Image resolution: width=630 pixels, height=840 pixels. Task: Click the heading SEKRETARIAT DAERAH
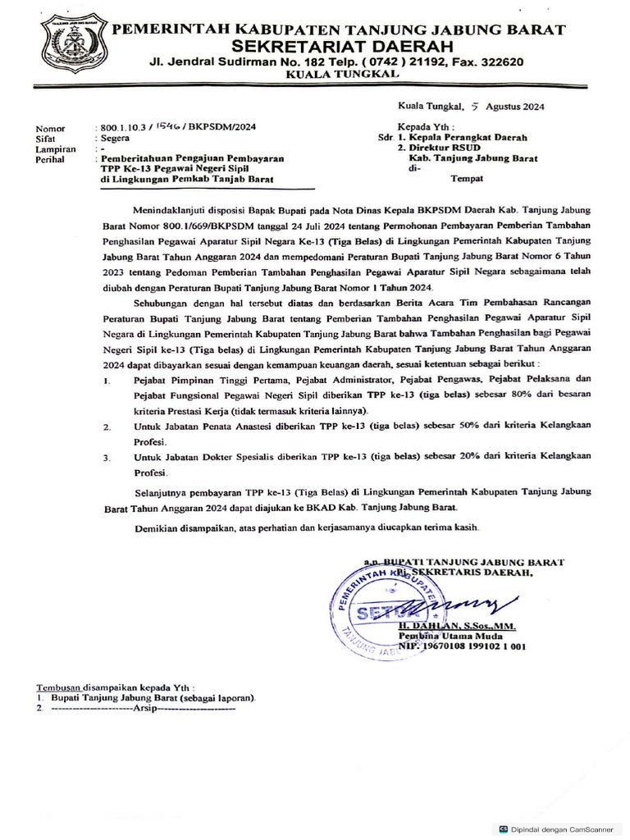point(337,46)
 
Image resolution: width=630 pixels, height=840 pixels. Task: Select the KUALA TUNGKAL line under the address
point(342,75)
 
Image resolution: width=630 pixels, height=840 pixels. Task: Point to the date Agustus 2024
point(514,106)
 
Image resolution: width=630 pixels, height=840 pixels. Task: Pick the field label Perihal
point(51,159)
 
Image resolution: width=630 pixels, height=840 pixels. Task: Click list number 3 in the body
point(107,457)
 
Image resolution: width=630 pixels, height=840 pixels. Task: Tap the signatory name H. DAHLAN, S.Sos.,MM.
point(457,626)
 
